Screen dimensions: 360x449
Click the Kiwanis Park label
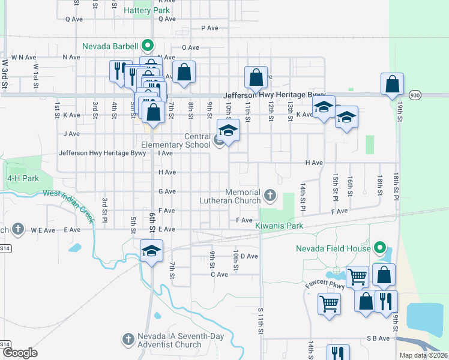click(x=279, y=226)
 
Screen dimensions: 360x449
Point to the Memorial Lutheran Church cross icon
click(x=271, y=194)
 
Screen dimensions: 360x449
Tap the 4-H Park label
click(x=23, y=179)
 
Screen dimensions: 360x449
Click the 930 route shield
click(x=415, y=95)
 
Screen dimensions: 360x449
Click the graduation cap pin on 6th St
click(x=152, y=251)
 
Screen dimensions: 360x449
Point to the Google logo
click(x=20, y=353)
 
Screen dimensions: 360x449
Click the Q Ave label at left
click(x=74, y=19)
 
